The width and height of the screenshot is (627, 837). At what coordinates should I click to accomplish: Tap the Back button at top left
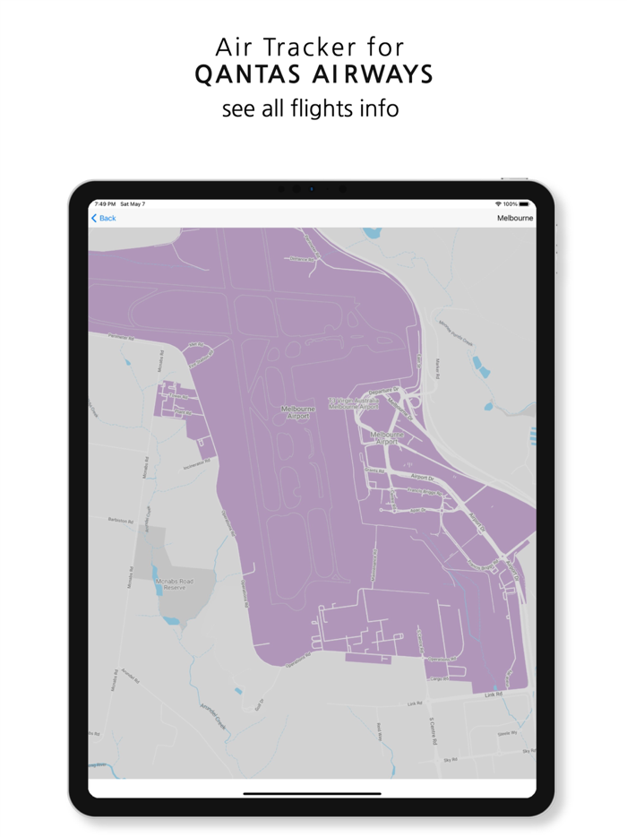pos(104,218)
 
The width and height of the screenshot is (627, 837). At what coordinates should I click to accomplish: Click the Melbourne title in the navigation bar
pos(515,218)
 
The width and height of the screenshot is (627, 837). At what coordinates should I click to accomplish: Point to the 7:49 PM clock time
pos(105,204)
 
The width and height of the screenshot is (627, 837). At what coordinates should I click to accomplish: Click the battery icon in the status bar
pos(525,204)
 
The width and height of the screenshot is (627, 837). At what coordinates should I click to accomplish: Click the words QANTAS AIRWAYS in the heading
pos(313,75)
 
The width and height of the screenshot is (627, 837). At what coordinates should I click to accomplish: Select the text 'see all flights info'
pos(310,109)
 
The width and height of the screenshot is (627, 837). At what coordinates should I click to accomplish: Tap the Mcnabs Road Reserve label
pos(170,584)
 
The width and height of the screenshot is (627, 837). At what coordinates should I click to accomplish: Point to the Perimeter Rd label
pos(120,339)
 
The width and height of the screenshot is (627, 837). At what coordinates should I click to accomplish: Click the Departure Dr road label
pos(382,391)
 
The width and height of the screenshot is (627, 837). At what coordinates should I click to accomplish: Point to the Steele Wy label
pos(507,733)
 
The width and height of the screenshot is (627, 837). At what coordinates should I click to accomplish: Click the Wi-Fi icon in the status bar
pos(498,204)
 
